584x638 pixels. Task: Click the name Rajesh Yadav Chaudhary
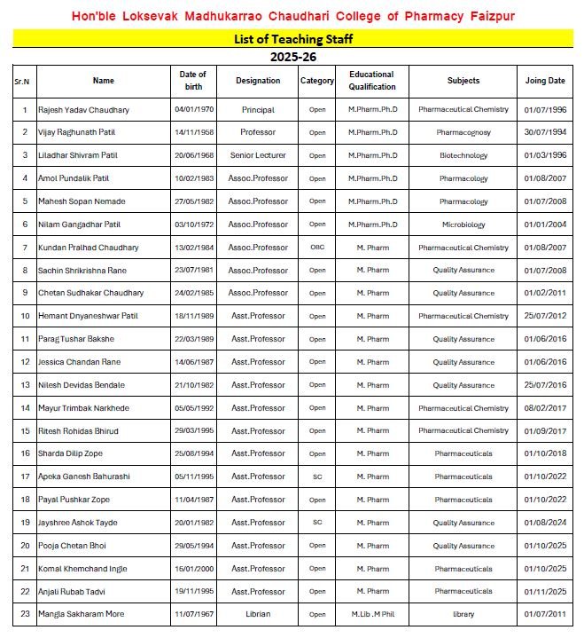pos(83,110)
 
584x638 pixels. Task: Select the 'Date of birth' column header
pos(192,81)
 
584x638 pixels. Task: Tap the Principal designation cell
pos(258,110)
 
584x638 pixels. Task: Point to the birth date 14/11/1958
pos(192,132)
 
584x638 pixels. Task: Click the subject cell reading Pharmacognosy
pos(463,132)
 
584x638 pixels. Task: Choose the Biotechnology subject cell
pos(463,155)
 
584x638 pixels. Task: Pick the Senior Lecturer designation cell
pos(258,155)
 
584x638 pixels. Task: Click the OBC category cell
pos(317,247)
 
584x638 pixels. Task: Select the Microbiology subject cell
pos(463,224)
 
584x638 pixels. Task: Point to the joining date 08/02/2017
pos(544,408)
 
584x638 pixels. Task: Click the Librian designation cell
pos(258,614)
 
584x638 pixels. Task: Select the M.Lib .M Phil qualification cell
pos(372,614)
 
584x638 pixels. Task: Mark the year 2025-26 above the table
pos(292,57)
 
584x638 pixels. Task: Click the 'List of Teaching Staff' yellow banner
pos(292,39)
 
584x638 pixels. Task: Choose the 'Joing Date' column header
pos(544,81)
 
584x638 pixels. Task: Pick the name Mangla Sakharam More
pos(81,614)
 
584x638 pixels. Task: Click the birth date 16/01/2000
pos(192,569)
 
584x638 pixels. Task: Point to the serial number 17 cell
pos(25,477)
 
